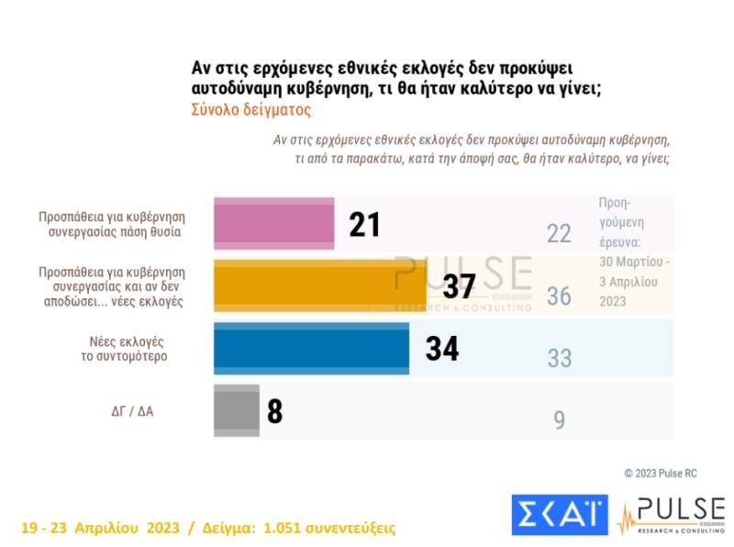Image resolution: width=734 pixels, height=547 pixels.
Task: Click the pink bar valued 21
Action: tap(273, 223)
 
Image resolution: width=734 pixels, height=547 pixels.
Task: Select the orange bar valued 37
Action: tap(320, 286)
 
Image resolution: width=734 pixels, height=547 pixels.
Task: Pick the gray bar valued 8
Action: tap(237, 409)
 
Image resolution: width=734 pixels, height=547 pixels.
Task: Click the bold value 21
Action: tap(364, 224)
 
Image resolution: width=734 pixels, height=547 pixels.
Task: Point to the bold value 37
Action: tap(459, 287)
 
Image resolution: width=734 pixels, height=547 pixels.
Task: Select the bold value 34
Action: tap(441, 349)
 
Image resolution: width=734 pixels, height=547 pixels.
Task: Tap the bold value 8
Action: tap(274, 410)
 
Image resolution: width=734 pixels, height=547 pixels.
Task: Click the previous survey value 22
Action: tap(559, 234)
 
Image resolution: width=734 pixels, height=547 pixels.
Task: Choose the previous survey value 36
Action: tap(559, 296)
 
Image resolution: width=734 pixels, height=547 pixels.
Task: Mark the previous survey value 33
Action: tap(559, 358)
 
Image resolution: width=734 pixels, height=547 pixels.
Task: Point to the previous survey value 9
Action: tap(559, 420)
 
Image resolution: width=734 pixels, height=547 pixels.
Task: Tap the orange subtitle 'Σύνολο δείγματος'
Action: tap(251, 109)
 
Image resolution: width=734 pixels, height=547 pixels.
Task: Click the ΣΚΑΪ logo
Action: tap(559, 514)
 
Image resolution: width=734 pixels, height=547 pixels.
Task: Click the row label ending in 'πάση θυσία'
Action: tap(113, 225)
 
